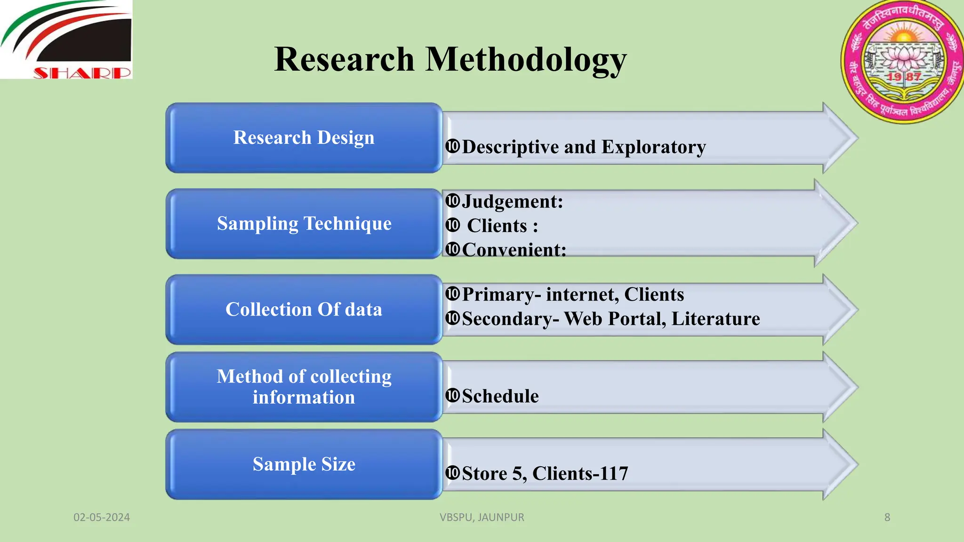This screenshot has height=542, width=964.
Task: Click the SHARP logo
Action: [x=66, y=40]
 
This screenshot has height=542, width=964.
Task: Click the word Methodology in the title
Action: [x=526, y=60]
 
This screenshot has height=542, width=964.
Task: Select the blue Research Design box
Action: [x=304, y=138]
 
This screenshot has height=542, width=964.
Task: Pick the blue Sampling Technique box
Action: [x=304, y=223]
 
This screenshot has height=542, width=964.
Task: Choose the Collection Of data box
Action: [x=304, y=310]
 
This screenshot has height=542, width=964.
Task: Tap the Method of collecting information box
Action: [x=304, y=387]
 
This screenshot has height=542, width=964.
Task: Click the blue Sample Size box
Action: [x=304, y=464]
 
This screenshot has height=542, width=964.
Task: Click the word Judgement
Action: [x=511, y=202]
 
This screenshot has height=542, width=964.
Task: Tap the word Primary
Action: [x=498, y=295]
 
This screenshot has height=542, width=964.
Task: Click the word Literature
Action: [x=715, y=319]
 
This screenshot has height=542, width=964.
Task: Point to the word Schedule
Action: [x=500, y=396]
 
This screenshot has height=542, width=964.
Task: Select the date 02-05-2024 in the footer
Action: [x=102, y=518]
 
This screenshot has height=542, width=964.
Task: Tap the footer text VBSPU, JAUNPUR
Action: [x=482, y=518]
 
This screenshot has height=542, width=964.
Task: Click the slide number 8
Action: [x=887, y=518]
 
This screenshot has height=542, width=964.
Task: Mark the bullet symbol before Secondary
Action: [x=452, y=319]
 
